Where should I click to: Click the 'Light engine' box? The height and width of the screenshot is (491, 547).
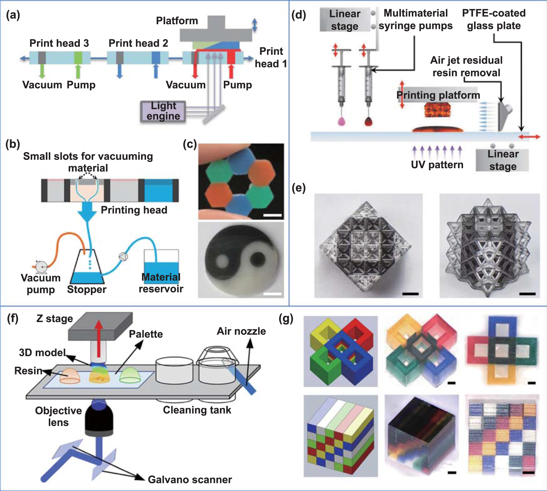(x=163, y=111)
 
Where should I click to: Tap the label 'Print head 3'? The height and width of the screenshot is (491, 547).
(x=59, y=43)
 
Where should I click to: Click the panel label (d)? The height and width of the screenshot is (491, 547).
(x=299, y=15)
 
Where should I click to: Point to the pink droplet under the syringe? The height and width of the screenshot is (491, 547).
(x=342, y=121)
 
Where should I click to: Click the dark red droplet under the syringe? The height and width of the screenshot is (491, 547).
(x=368, y=121)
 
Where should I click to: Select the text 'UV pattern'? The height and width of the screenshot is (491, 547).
(x=437, y=165)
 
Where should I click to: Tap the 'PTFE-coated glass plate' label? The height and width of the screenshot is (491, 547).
(x=493, y=20)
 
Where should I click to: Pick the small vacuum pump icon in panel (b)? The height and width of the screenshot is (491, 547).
(x=40, y=266)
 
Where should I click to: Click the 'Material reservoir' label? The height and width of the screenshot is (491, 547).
(x=161, y=283)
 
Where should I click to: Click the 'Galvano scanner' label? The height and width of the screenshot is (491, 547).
(x=190, y=479)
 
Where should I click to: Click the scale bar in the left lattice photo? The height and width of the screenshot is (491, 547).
(x=410, y=294)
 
